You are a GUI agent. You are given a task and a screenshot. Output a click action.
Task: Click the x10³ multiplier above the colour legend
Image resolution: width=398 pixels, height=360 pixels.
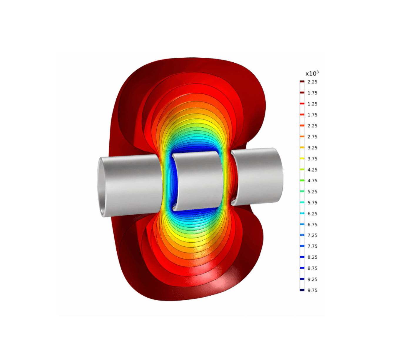point(312,73)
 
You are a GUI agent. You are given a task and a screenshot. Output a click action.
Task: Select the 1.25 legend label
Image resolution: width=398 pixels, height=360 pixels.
point(312,104)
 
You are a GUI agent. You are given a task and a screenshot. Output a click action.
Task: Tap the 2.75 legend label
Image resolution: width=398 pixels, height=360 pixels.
point(312,137)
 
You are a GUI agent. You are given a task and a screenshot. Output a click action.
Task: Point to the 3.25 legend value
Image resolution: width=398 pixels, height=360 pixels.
point(312,148)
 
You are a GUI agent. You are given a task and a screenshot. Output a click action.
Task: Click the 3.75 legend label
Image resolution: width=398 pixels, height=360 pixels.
point(312,159)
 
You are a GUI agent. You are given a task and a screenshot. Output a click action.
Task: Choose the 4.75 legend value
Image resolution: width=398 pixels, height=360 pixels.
point(312,181)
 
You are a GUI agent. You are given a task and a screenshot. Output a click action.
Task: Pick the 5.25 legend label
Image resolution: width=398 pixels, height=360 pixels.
point(312,191)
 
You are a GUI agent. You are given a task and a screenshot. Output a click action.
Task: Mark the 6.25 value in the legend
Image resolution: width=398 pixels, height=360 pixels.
point(312,214)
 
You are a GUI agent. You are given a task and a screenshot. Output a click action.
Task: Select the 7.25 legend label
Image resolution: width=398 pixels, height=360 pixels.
point(312,235)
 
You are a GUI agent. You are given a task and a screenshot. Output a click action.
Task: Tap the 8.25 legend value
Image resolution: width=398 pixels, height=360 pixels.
point(312,257)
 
